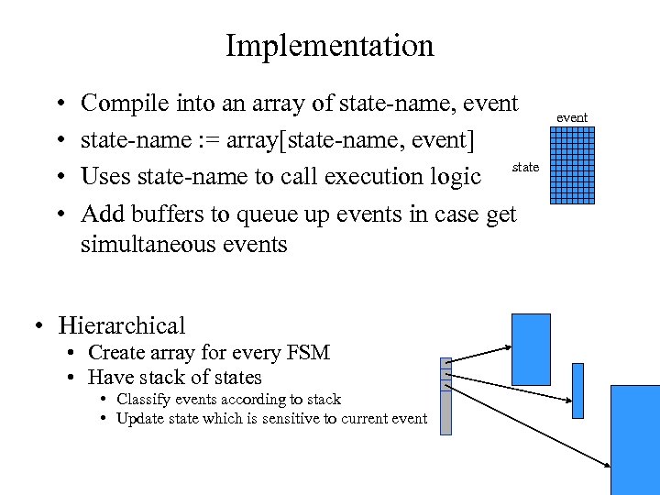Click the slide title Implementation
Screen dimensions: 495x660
tap(329, 45)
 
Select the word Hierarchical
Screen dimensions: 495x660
tap(121, 325)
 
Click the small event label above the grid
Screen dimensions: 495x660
tap(572, 117)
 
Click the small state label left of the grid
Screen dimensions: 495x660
tap(525, 167)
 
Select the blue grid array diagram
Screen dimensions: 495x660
tap(572, 163)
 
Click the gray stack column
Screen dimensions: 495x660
tap(446, 395)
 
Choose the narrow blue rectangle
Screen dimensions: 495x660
tap(577, 390)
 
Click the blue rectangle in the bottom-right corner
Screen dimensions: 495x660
tap(634, 439)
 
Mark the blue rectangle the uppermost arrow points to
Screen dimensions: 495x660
tap(531, 349)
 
